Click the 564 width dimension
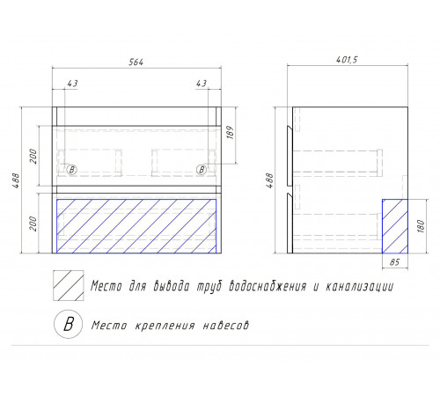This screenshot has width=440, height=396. click(136, 62)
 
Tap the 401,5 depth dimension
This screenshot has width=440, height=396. click(347, 60)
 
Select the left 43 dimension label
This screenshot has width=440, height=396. click(72, 84)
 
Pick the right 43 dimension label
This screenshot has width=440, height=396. click(202, 84)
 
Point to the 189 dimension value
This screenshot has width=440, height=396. click(231, 132)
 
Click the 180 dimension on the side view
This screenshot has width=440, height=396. click(421, 226)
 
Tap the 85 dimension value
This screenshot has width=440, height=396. click(394, 262)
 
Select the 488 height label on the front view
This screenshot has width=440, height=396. click(17, 180)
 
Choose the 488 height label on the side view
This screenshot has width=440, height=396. click(269, 180)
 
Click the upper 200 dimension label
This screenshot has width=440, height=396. click(33, 157)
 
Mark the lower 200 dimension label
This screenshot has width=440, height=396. click(33, 224)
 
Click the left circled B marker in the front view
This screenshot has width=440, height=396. click(72, 170)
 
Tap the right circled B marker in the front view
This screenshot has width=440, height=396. click(202, 170)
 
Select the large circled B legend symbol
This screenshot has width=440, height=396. click(69, 324)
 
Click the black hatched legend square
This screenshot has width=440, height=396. click(69, 285)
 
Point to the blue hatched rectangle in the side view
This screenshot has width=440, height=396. click(395, 226)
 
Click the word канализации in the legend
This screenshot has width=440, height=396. click(359, 286)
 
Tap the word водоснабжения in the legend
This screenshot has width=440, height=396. click(268, 286)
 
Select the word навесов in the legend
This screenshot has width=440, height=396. click(226, 326)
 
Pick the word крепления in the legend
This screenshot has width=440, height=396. click(165, 326)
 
